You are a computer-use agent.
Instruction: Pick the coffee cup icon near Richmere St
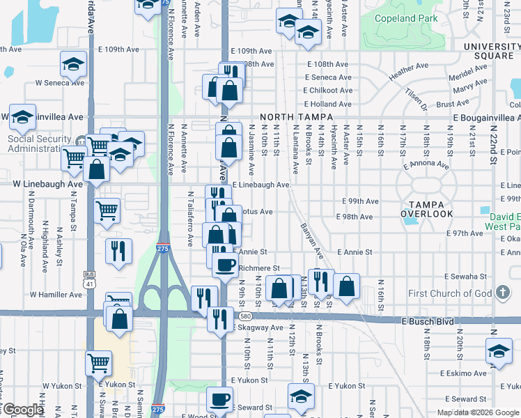[224, 265]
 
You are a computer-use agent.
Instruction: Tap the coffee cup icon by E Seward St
[220, 400]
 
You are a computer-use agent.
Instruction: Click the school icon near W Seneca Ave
[72, 65]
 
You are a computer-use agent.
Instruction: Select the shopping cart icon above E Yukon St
[98, 362]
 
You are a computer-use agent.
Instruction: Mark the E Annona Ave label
[426, 165]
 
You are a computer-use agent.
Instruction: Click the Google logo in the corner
[22, 410]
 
